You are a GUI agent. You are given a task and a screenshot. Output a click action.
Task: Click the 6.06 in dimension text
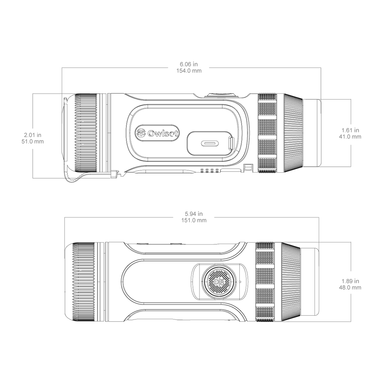point(189,64)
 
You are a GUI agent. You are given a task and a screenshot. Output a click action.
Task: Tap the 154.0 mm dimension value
point(189,71)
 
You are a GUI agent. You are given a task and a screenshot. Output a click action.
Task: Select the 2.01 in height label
point(33,135)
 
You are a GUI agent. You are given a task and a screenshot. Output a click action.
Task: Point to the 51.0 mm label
point(33,141)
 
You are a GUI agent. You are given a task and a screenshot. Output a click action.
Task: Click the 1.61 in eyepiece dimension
point(350,130)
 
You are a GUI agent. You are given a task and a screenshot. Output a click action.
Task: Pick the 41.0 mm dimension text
point(350,137)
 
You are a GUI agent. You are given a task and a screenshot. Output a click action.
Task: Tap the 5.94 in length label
point(194,214)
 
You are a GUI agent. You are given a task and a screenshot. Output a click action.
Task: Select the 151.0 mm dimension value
point(194,220)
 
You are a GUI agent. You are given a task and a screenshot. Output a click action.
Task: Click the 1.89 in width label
point(350,281)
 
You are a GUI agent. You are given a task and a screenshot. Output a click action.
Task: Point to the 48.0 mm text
point(350,288)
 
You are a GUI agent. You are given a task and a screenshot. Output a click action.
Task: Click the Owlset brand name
point(163,133)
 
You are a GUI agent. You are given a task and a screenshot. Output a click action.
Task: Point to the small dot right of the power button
point(240,282)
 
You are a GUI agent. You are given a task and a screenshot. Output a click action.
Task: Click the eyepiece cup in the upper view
point(312,133)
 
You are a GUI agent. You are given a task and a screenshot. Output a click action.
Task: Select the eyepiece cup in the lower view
point(310,282)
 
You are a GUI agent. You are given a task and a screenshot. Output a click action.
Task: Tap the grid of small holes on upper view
point(209,171)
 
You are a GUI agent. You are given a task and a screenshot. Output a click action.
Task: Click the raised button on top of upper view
point(222,95)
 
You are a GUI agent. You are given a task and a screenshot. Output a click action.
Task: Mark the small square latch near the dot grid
point(248,167)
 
